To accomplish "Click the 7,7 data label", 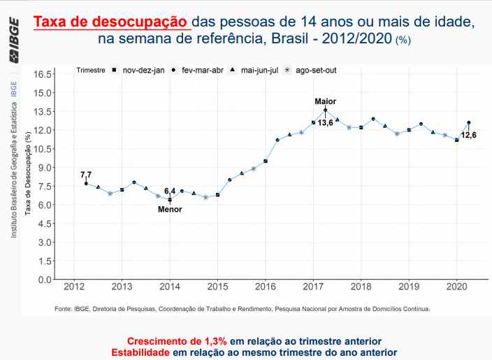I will (86, 174).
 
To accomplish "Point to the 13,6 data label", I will (325, 123).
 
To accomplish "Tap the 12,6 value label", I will (468, 135).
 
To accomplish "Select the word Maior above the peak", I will (325, 101).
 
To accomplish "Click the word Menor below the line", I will (170, 209).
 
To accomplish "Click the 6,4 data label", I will (170, 191).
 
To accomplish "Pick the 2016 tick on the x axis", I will (266, 287).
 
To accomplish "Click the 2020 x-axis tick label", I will (456, 287).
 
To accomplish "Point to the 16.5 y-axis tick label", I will (43, 74).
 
